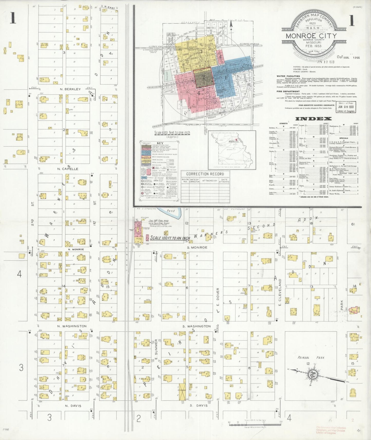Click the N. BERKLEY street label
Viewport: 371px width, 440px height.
tap(70, 89)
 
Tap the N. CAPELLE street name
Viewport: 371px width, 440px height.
tap(68, 169)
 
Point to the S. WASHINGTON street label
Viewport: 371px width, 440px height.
tap(197, 326)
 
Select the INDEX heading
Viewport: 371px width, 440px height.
tap(313, 119)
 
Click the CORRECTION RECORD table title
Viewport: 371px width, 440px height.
tap(205, 174)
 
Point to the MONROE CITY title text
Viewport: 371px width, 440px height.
tap(311, 36)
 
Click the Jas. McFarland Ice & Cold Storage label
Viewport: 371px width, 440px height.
tap(159, 222)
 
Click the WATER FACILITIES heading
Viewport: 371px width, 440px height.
tap(288, 76)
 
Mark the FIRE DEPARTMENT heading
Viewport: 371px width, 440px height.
tap(288, 91)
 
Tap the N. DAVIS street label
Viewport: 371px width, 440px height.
tap(73, 406)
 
